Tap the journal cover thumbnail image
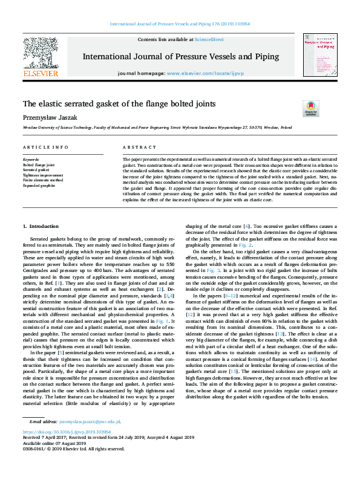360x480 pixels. pyautogui.click(x=319, y=55)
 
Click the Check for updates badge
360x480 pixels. pyautogui.click(x=310, y=108)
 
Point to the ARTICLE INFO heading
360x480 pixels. pyautogui.click(x=46, y=148)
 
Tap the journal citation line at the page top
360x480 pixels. pyautogui.click(x=180, y=24)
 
